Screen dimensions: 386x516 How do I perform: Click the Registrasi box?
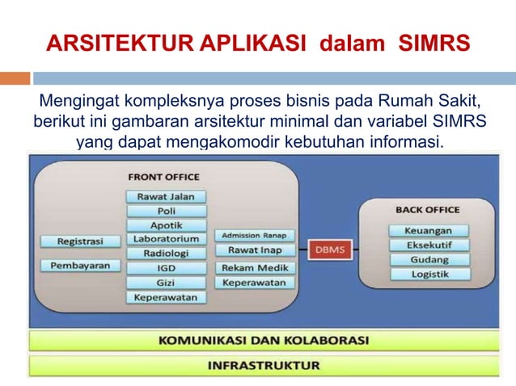78,241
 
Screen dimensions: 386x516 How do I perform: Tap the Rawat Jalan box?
166,196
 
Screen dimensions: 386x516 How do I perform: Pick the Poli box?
166,211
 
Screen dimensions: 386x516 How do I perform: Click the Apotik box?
166,225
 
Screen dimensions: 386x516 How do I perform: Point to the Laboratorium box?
166,240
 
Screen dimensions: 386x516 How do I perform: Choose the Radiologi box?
166,254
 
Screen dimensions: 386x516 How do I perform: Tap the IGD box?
166,268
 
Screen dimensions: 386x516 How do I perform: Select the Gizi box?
166,283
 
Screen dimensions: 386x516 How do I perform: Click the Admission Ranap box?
255,236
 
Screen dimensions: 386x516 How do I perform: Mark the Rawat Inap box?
255,250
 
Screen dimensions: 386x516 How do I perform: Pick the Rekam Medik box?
255,267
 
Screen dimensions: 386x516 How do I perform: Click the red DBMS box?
329,250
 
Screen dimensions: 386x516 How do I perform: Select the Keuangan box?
429,231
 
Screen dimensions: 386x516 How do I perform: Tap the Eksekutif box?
429,245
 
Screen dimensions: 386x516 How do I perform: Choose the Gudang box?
429,259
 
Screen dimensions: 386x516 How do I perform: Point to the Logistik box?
429,274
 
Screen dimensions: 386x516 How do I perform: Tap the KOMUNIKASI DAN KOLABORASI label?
263,339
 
